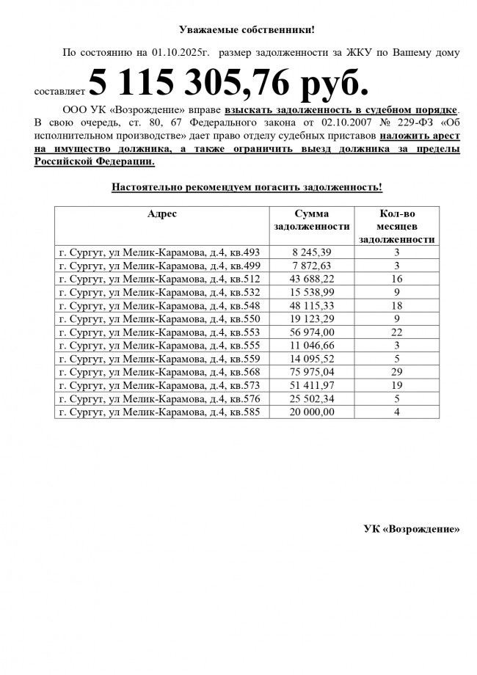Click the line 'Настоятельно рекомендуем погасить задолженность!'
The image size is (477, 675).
(x=247, y=187)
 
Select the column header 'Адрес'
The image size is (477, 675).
(x=162, y=214)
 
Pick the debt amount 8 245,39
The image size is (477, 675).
(x=312, y=252)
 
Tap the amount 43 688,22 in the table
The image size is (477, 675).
(x=312, y=278)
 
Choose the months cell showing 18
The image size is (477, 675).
(x=396, y=304)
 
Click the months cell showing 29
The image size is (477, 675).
(x=396, y=372)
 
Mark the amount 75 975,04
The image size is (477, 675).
(x=312, y=372)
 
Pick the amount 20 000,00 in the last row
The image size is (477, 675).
(x=312, y=412)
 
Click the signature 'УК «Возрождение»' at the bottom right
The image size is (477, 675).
(x=412, y=529)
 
